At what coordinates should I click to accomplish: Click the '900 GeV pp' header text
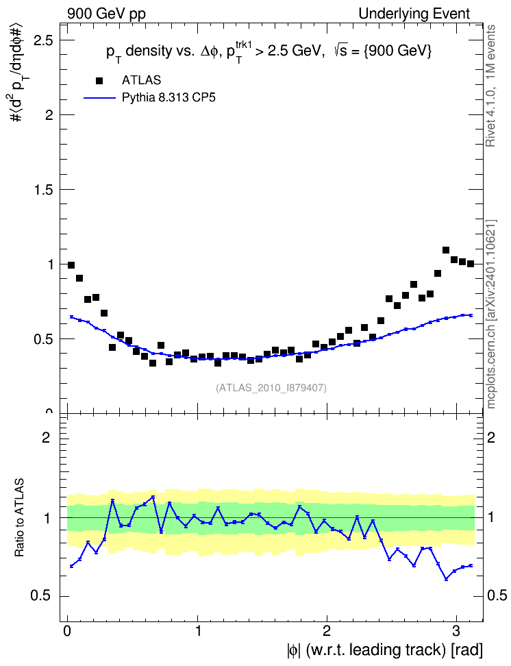click(x=106, y=14)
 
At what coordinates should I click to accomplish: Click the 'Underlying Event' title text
click(x=414, y=14)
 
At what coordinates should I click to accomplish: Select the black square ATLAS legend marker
click(x=99, y=80)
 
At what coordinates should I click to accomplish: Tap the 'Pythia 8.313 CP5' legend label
click(x=169, y=97)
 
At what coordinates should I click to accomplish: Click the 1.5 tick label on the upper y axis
click(x=43, y=189)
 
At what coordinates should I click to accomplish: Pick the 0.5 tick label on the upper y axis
click(x=43, y=339)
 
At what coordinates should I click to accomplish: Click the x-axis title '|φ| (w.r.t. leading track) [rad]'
click(x=385, y=650)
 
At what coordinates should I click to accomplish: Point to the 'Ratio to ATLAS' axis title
click(x=19, y=518)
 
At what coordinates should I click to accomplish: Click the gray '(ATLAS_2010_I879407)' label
click(x=271, y=388)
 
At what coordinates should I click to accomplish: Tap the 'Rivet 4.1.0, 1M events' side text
click(x=490, y=86)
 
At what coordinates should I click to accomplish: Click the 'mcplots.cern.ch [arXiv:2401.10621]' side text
click(x=490, y=314)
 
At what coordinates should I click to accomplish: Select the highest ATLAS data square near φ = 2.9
click(x=446, y=250)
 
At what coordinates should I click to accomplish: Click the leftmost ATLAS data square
click(x=71, y=265)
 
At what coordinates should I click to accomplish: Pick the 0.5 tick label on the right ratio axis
click(x=497, y=595)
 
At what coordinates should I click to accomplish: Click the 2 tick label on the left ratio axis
click(x=46, y=437)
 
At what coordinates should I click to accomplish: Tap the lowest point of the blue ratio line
click(x=446, y=580)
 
